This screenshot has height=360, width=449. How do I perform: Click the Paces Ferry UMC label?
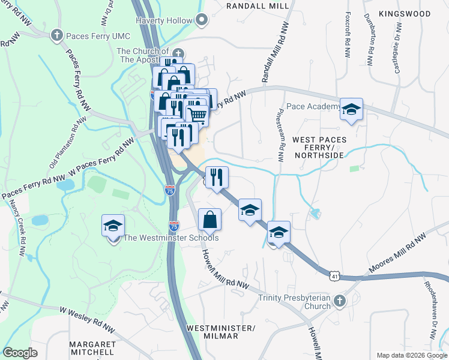(x=91, y=36)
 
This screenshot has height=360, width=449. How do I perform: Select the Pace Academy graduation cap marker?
(x=351, y=109)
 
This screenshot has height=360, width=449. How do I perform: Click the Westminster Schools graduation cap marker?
(x=113, y=226)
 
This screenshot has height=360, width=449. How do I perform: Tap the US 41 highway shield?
(x=334, y=275)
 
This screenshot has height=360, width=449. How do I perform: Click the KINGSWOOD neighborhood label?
(x=405, y=13)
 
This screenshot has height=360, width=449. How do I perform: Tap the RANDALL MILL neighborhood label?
(x=258, y=6)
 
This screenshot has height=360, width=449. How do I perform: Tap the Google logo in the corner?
(x=20, y=353)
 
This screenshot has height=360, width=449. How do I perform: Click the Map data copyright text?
(x=411, y=355)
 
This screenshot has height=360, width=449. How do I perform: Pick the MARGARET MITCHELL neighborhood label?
(x=92, y=348)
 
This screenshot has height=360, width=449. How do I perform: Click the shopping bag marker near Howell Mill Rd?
(x=209, y=220)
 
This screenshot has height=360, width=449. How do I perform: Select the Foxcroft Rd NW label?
(x=348, y=34)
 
